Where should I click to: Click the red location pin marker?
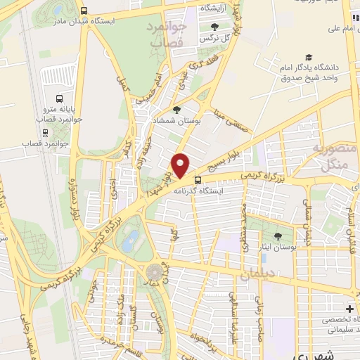[181, 165]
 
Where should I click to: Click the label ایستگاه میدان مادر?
[123, 21]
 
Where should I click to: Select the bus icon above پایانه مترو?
[58, 99]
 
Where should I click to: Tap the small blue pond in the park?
[129, 243]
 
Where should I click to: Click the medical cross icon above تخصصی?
[349, 309]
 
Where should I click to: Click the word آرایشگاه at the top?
[217, 6]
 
